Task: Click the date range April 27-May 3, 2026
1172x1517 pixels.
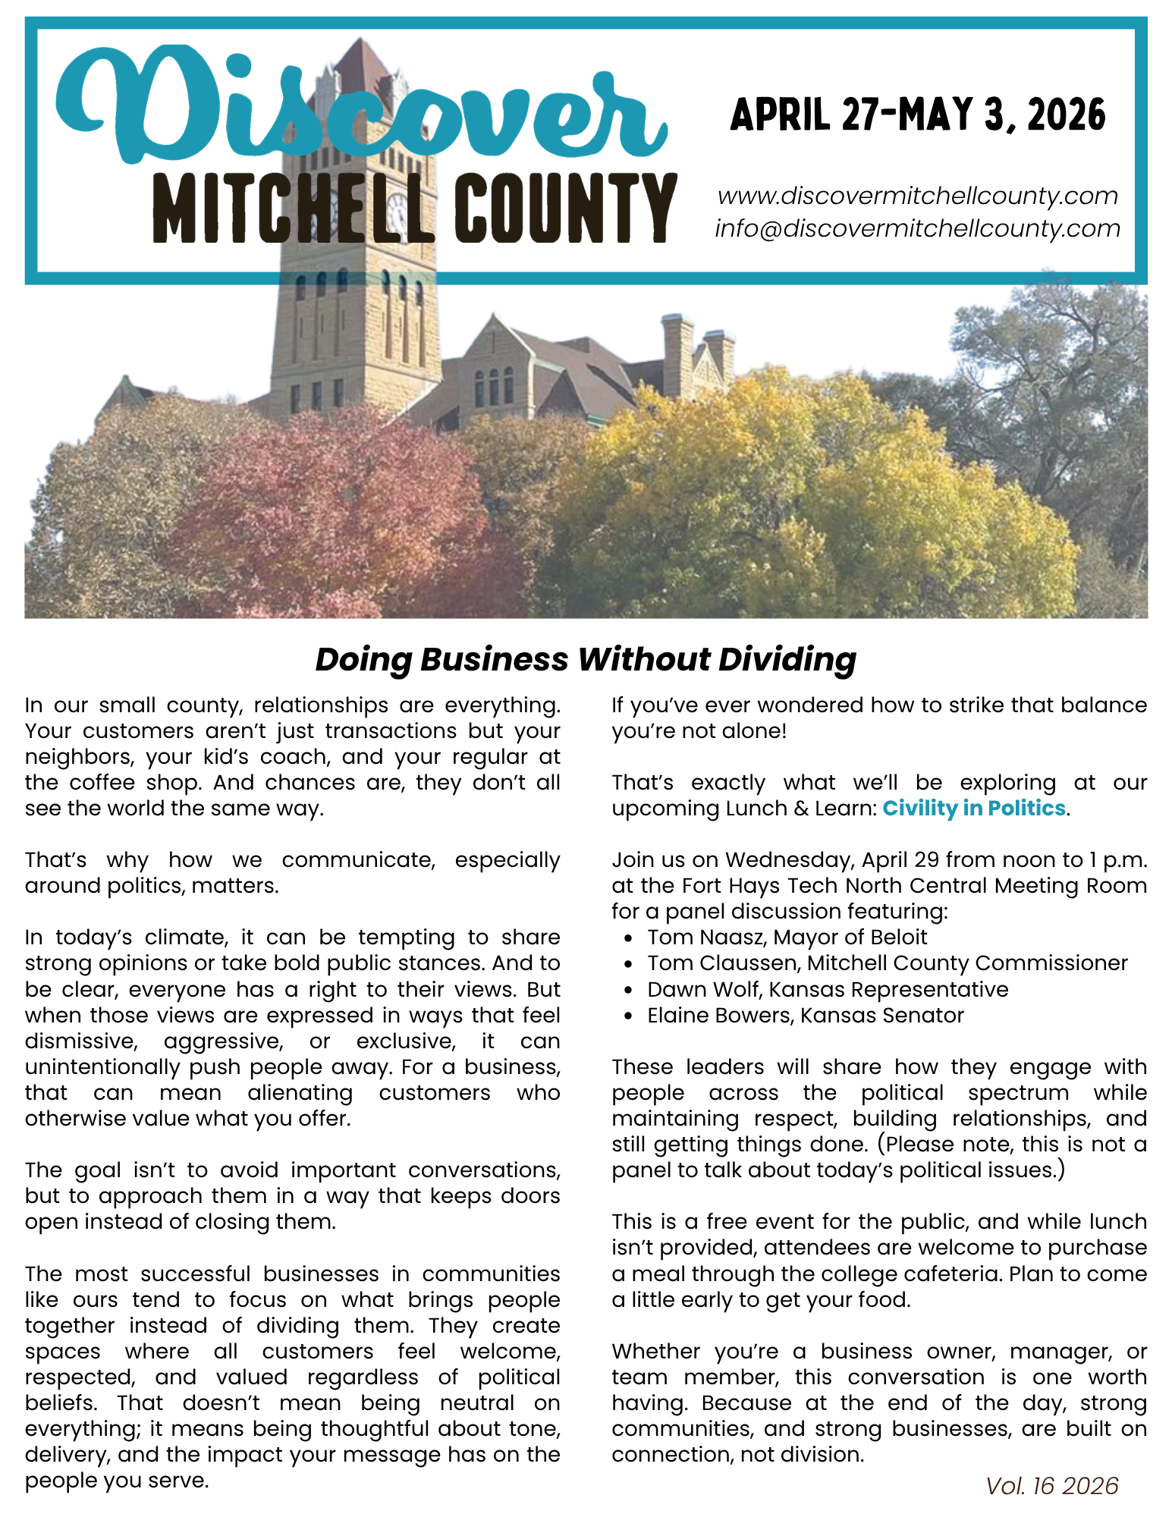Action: [x=918, y=115]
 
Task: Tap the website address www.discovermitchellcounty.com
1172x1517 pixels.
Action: [x=918, y=196]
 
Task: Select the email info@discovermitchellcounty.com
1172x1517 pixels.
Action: [x=918, y=228]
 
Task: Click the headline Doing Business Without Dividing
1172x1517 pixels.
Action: [x=586, y=659]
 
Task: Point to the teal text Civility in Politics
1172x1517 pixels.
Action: [x=974, y=809]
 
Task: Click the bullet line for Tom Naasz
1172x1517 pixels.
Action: [x=787, y=938]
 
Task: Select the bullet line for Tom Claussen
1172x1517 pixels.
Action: [x=887, y=963]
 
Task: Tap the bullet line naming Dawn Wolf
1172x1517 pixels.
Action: [x=827, y=990]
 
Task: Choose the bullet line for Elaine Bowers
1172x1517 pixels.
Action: [x=805, y=1016]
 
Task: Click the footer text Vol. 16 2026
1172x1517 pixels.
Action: [x=1051, y=1485]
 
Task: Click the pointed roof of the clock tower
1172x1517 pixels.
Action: [x=363, y=64]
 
